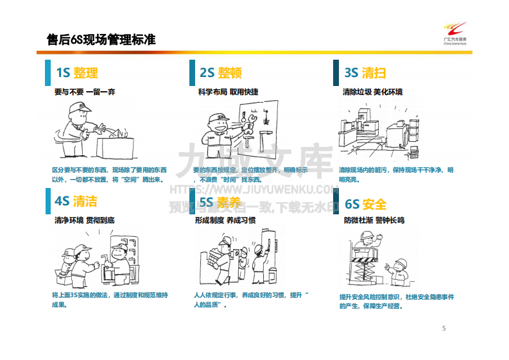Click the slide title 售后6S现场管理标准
coord(101,40)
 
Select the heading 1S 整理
coord(77,73)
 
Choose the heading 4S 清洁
coord(76,201)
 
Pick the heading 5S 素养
coord(220,203)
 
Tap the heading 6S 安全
coord(365,205)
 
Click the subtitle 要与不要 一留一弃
coord(85,92)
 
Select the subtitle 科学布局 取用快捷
coord(229,92)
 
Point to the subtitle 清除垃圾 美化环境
coord(373,92)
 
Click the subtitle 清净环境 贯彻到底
coord(85,220)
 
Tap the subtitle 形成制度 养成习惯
coord(225,220)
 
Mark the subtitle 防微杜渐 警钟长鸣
coord(374,220)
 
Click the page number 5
coord(444,329)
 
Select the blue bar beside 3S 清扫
coord(336,73)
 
